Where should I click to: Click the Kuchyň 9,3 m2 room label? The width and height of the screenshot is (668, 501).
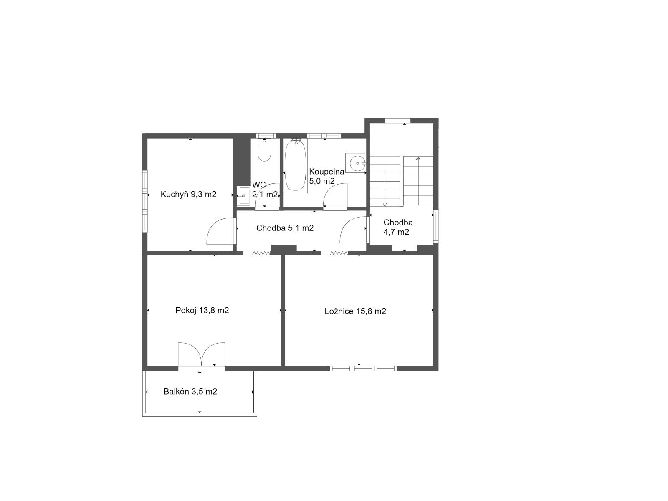pyautogui.click(x=188, y=194)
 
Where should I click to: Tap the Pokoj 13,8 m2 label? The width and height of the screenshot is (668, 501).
pyautogui.click(x=202, y=310)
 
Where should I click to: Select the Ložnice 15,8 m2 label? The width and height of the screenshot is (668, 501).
pyautogui.click(x=355, y=311)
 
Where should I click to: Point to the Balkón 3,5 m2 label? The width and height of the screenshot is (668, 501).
pyautogui.click(x=190, y=392)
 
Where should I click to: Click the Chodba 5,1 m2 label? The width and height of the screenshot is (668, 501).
pyautogui.click(x=285, y=228)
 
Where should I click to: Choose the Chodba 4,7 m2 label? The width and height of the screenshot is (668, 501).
pyautogui.click(x=398, y=227)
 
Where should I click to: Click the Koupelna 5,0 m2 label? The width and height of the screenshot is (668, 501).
pyautogui.click(x=326, y=176)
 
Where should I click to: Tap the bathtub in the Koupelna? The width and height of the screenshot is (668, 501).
pyautogui.click(x=295, y=165)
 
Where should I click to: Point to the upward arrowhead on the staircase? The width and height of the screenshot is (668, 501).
pyautogui.click(x=418, y=159)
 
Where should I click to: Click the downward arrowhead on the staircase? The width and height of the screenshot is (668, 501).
pyautogui.click(x=385, y=205)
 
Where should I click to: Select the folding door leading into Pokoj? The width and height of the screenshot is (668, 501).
pyautogui.click(x=261, y=253)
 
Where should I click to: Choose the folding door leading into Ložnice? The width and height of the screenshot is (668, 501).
pyautogui.click(x=339, y=253)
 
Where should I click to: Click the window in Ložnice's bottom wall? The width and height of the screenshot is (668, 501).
pyautogui.click(x=363, y=368)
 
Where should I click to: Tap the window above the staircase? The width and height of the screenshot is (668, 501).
pyautogui.click(x=397, y=121)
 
